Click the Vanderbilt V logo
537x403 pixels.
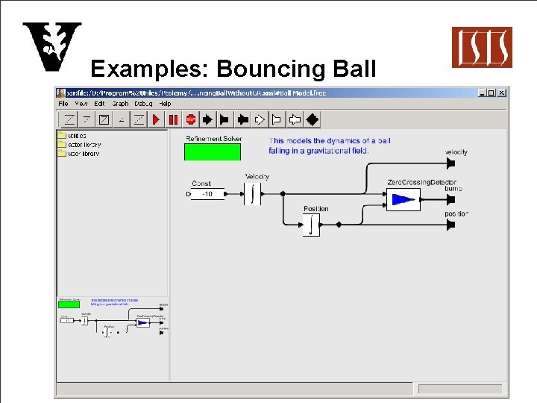tap(51, 46)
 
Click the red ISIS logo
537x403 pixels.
tap(482, 47)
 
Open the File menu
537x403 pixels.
tap(63, 104)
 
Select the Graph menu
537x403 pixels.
tap(120, 104)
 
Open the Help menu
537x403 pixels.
tap(165, 104)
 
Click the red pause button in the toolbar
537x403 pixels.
tap(174, 119)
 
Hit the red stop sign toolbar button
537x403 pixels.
tap(191, 119)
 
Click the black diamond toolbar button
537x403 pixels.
tap(313, 119)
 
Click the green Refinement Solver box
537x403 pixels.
tap(213, 151)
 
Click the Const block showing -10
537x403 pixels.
tap(207, 195)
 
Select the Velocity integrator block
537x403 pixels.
tap(254, 194)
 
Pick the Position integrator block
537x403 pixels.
tap(311, 224)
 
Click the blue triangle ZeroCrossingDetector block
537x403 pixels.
tap(403, 199)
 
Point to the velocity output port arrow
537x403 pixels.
tap(450, 163)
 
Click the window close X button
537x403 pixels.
tap(502, 93)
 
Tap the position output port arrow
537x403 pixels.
tap(450, 224)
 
